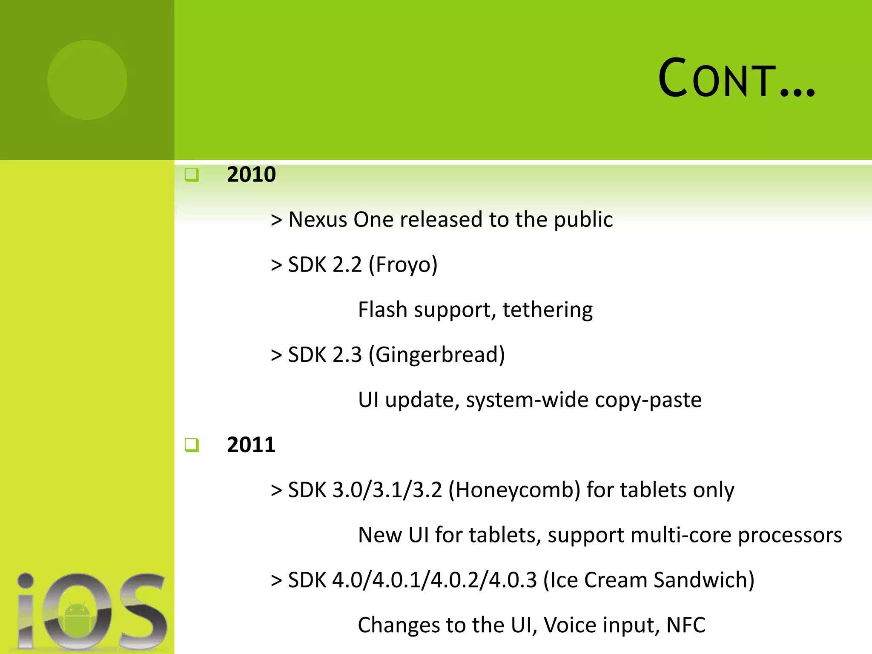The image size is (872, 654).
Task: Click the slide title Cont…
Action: click(736, 79)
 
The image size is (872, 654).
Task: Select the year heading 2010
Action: click(251, 175)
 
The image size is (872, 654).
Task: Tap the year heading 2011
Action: click(251, 445)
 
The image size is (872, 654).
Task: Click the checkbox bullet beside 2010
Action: click(192, 175)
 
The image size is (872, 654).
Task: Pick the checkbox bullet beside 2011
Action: click(192, 445)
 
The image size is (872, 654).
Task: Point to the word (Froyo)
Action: click(403, 265)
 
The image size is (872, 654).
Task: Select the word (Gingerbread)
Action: click(436, 355)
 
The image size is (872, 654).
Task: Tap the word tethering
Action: click(548, 310)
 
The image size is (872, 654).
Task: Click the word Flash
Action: click(383, 310)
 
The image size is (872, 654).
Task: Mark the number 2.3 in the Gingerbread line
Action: click(347, 355)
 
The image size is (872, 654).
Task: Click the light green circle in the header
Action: click(87, 80)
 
